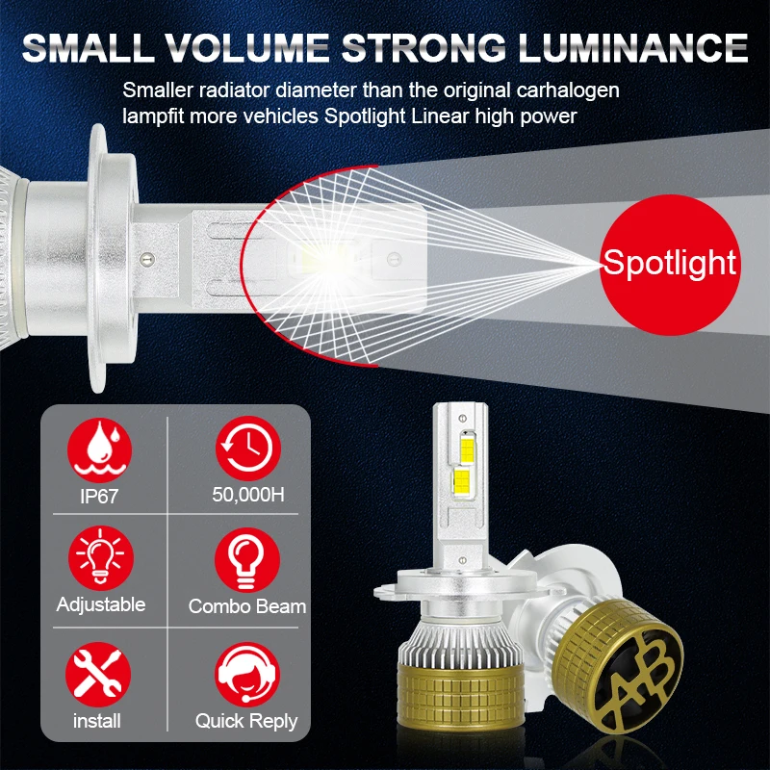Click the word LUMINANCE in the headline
pyautogui.click(x=633, y=48)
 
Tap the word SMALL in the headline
pyautogui.click(x=86, y=48)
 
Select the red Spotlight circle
pyautogui.click(x=670, y=265)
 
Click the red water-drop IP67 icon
pyautogui.click(x=100, y=449)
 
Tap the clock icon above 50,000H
pyautogui.click(x=248, y=449)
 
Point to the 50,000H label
pyautogui.click(x=248, y=495)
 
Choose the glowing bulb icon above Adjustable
pyautogui.click(x=101, y=558)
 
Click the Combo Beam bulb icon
pyautogui.click(x=247, y=560)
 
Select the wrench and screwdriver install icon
pyautogui.click(x=98, y=675)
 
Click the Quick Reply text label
pyautogui.click(x=246, y=721)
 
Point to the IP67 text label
pyautogui.click(x=99, y=496)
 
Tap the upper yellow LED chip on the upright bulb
pyautogui.click(x=466, y=447)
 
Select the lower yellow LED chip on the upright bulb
pyautogui.click(x=462, y=482)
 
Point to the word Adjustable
pyautogui.click(x=101, y=604)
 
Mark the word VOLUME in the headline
pyautogui.click(x=246, y=48)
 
